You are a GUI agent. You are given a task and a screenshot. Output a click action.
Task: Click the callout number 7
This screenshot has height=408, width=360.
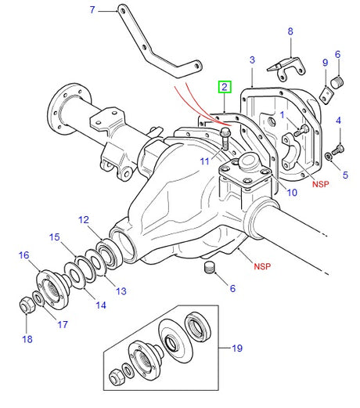92,10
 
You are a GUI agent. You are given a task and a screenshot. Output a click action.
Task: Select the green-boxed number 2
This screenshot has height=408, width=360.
225,87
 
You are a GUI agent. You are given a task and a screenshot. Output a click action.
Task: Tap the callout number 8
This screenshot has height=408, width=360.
290,31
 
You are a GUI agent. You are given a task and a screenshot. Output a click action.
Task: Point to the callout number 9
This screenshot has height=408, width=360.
325,63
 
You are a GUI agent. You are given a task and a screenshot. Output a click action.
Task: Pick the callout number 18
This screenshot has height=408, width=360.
27,338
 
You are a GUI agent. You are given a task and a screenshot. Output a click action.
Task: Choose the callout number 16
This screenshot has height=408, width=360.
23,255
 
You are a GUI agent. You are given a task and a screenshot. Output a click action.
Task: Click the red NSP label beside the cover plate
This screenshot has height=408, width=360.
320,185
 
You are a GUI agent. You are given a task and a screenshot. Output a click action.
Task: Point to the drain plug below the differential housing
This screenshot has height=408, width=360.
208,270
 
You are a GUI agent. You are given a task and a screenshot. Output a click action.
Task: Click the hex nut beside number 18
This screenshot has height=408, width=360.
26,304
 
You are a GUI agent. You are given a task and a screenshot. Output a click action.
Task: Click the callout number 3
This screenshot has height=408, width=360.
253,60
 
